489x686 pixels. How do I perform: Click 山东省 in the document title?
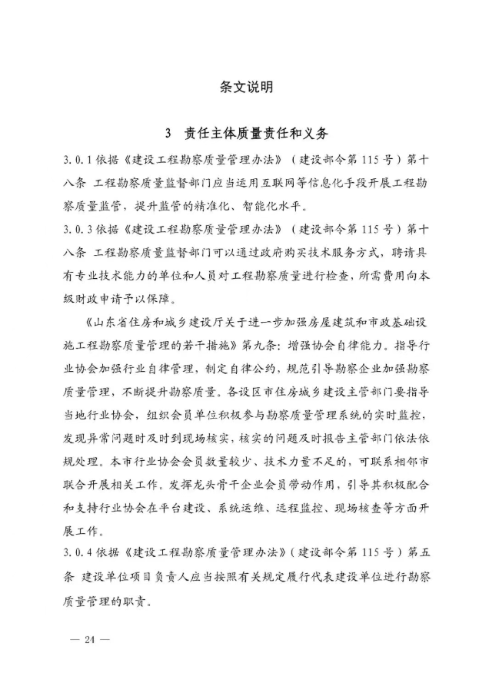coord(113,320)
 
